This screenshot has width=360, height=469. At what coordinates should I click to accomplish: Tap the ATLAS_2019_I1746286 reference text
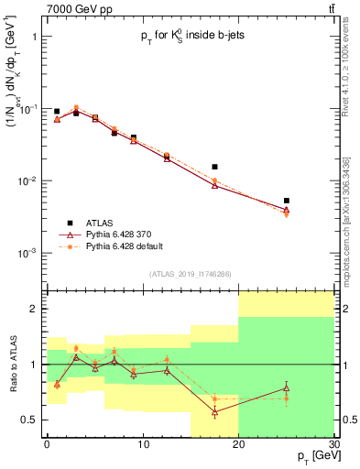click(188, 274)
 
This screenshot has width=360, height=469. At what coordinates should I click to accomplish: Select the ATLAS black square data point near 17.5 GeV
click(214, 167)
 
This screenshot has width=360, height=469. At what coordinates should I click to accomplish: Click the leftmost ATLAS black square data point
click(57, 111)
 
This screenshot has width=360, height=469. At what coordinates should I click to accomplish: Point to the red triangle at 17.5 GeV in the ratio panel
click(214, 412)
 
